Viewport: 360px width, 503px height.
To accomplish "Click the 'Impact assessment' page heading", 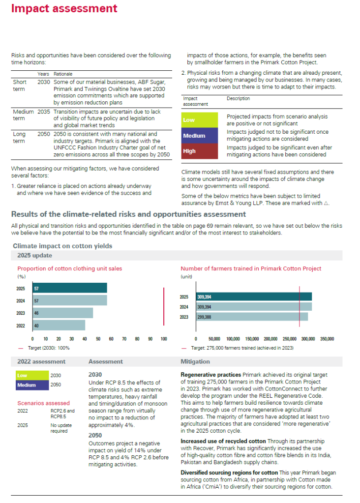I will point(64,9).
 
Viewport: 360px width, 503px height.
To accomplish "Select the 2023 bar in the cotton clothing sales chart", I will point(62,313).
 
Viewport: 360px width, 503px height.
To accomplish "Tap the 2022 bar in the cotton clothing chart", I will point(59,325).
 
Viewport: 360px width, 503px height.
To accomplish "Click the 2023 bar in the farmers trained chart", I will point(252,317).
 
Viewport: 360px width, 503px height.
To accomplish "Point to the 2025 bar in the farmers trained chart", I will point(254,296).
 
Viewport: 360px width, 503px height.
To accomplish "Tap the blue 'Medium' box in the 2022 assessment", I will point(31,385).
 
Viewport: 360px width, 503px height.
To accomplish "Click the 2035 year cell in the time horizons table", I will point(44,112).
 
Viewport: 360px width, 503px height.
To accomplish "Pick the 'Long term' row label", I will point(20,137).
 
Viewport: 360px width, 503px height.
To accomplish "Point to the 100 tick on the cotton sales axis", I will point(164,339).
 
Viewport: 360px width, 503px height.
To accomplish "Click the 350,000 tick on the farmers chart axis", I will point(327,339).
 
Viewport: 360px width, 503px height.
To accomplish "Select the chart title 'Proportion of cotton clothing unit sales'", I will point(70,268).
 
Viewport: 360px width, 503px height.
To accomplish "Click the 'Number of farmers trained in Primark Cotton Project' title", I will point(251,268).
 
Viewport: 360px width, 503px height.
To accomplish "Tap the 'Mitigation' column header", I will point(195,361).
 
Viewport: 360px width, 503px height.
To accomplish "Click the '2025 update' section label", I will point(34,256).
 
